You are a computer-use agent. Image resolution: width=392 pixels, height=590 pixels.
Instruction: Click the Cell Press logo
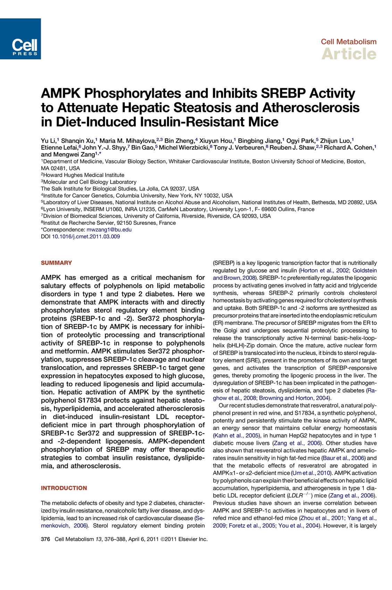point(20,39)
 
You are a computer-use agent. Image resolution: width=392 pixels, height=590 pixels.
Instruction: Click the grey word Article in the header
point(349,54)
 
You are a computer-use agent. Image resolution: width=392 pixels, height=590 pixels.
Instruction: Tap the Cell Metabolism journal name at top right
point(348,42)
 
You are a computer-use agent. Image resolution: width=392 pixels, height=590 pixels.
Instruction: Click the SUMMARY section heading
point(56,263)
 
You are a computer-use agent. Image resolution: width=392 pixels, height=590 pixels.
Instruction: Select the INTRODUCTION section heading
point(64,488)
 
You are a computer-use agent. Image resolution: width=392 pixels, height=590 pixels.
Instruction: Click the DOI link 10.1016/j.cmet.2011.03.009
point(86,237)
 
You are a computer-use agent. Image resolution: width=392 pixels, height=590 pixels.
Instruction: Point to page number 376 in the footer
point(45,539)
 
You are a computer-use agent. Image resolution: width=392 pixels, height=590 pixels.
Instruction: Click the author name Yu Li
point(48,141)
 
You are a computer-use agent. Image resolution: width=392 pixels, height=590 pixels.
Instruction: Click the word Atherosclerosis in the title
point(311,108)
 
